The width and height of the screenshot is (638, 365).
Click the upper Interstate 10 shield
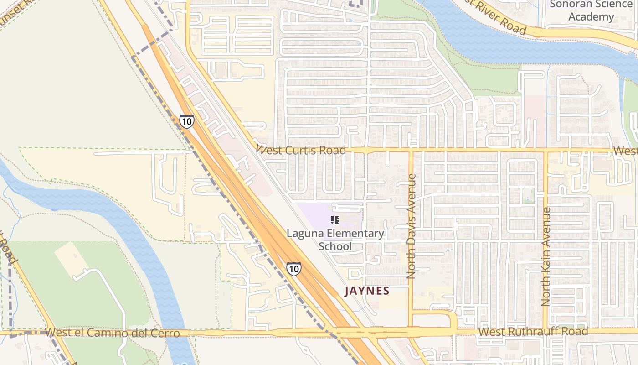pos(186,121)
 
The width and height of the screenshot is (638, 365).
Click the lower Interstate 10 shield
pos(294,268)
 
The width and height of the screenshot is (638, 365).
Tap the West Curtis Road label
pos(301,150)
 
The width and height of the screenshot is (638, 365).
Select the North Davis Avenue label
pos(411,226)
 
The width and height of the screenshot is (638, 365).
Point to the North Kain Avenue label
pos(545,257)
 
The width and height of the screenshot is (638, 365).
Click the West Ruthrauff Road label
pos(534,332)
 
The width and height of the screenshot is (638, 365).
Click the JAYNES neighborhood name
pos(367,291)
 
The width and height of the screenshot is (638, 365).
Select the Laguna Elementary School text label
pos(335,240)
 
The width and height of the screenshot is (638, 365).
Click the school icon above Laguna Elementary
pos(335,220)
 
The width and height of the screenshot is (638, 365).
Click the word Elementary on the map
pos(355,234)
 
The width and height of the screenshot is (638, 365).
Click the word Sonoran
pos(570,5)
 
